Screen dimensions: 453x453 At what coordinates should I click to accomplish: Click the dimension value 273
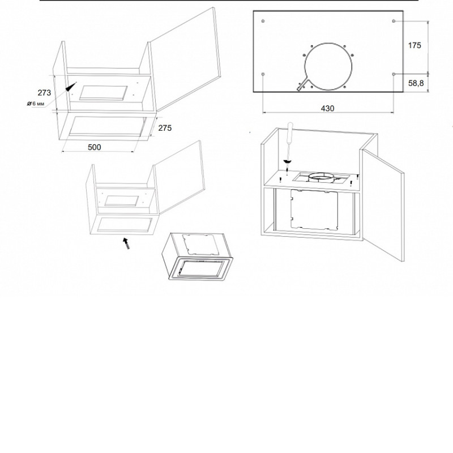pos(44,93)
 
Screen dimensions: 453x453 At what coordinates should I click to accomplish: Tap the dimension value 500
pos(95,147)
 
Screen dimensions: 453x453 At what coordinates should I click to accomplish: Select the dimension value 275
pos(165,128)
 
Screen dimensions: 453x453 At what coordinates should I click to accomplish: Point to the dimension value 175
pos(414,45)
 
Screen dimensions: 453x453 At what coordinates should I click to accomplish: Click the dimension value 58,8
pos(416,83)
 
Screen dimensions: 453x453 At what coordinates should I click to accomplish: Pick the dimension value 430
pos(327,108)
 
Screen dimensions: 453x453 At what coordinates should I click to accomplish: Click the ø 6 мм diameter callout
pos(36,104)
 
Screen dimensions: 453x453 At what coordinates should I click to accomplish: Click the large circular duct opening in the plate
pos(328,66)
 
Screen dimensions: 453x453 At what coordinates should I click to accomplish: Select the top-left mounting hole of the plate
pos(263,21)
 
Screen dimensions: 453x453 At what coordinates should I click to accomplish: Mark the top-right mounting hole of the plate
pos(394,21)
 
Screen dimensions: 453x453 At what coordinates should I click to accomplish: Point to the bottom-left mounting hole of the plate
pos(263,74)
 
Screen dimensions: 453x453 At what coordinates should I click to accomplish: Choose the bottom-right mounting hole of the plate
pos(394,74)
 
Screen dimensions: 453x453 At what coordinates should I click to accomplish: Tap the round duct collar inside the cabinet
pos(320,177)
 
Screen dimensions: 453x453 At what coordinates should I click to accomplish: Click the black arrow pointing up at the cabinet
pos(126,243)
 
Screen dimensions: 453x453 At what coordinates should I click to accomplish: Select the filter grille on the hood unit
pos(202,268)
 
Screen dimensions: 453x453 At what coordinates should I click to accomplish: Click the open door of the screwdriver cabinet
pos(383,204)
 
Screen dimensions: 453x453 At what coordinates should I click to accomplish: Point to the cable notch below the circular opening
pos(303,84)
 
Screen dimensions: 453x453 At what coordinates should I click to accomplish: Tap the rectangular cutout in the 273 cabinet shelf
pos(104,93)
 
